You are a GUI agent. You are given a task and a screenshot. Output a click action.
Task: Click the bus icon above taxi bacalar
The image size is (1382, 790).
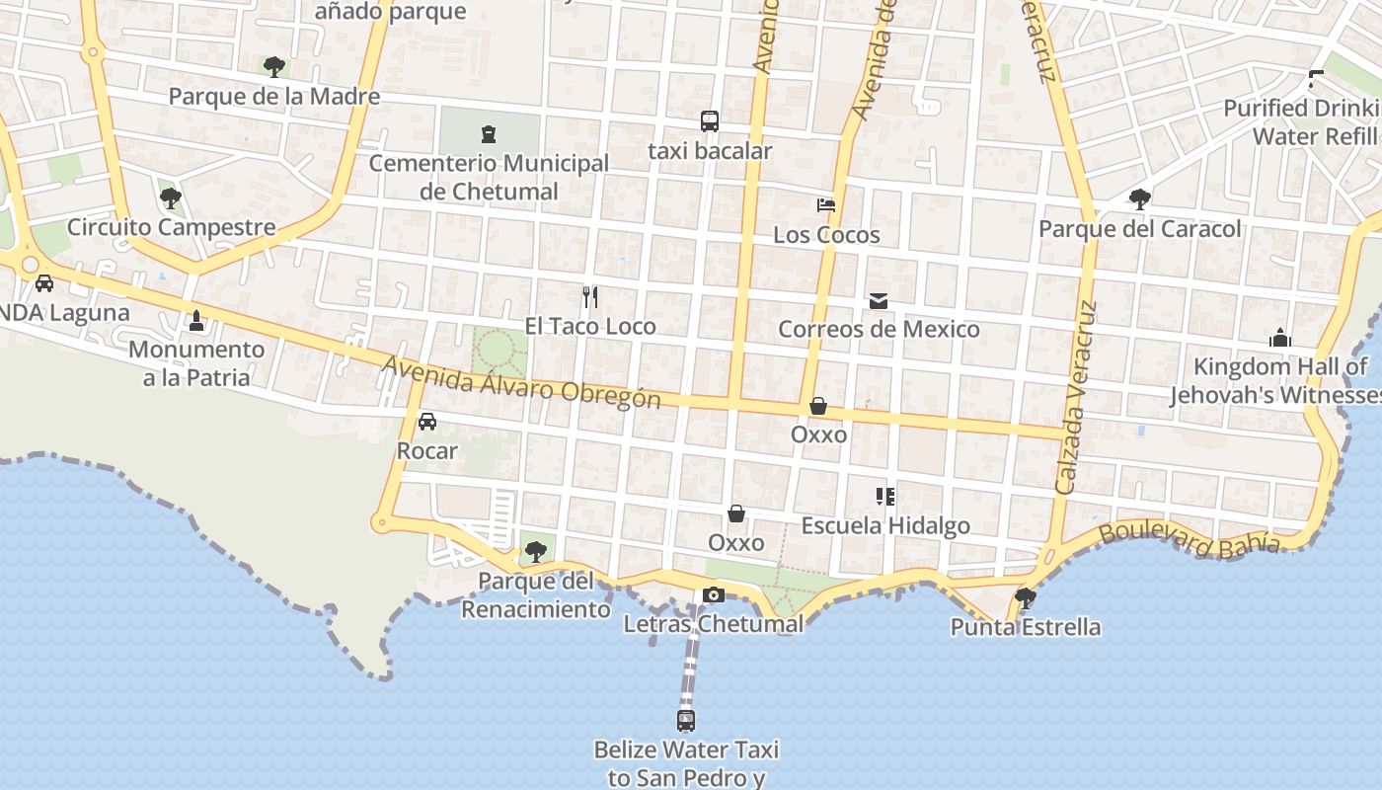click(709, 121)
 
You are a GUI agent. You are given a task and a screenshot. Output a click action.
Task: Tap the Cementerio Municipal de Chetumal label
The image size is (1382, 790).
click(489, 177)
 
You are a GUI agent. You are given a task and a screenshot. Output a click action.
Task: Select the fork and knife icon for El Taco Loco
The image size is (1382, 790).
click(590, 296)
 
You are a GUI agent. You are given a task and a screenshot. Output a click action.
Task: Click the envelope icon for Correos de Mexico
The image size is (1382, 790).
click(878, 300)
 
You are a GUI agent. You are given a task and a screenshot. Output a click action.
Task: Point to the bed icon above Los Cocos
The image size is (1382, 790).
click(826, 205)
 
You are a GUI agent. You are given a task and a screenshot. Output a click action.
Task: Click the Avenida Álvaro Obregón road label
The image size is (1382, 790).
click(520, 382)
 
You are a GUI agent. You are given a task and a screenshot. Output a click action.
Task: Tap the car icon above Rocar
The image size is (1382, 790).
click(427, 422)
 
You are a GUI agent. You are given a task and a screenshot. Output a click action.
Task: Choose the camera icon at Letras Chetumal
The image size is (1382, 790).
click(713, 594)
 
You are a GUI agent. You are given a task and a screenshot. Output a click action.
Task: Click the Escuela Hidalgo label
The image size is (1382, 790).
click(885, 525)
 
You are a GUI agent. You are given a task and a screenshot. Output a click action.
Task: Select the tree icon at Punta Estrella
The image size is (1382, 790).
click(1026, 597)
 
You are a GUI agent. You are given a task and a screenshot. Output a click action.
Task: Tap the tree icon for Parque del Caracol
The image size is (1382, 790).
click(1139, 199)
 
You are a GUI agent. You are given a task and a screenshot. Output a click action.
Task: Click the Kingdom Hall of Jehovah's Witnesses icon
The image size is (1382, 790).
click(1280, 338)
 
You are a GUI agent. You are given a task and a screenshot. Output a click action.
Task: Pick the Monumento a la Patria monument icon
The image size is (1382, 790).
click(196, 320)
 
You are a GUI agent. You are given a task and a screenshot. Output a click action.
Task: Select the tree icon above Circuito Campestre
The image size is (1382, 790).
click(171, 198)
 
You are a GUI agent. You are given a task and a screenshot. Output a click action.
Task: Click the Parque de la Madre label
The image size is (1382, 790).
click(273, 97)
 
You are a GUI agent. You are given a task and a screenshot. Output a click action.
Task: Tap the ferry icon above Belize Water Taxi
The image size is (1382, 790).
click(686, 720)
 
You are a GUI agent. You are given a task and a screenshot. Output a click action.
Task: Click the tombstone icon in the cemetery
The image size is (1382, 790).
click(488, 133)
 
